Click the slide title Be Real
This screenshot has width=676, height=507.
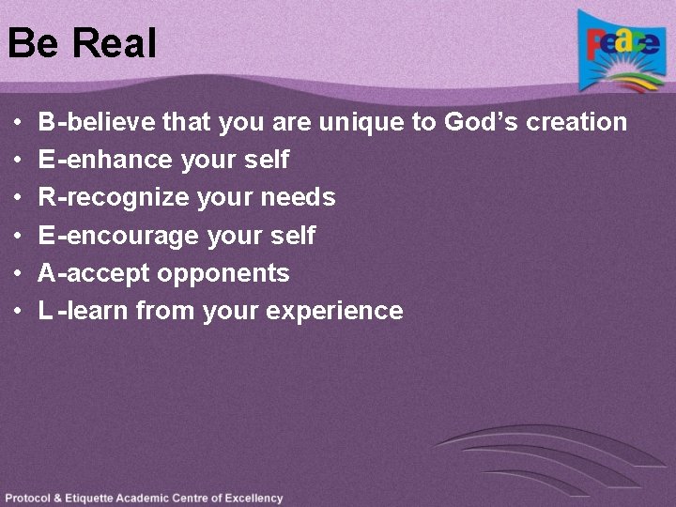pos(82,43)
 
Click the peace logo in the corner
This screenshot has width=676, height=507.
pos(622,52)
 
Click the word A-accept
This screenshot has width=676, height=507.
pos(94,274)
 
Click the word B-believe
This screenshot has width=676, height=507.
pos(97,122)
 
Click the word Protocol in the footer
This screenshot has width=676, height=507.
pos(28,499)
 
